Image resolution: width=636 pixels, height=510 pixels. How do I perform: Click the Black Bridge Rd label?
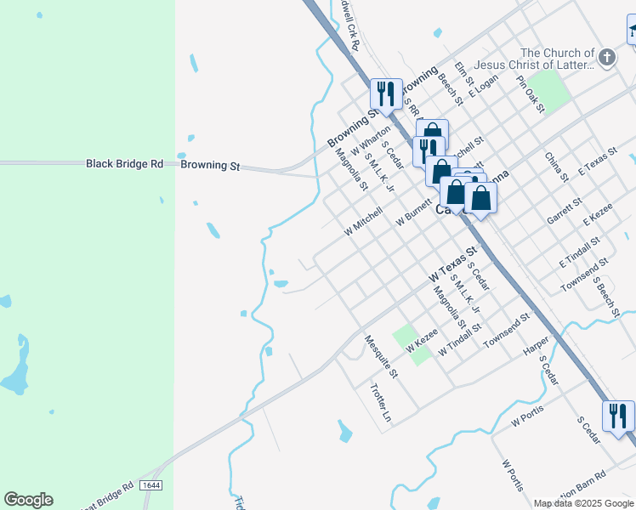(124, 164)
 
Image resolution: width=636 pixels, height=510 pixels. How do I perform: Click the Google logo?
(28, 500)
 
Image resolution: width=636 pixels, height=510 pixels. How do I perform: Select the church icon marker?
(606, 58)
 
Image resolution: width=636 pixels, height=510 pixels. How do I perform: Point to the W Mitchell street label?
(364, 219)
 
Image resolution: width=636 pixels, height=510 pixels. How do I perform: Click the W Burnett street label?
(416, 209)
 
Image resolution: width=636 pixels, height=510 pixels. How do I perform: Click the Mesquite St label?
(381, 356)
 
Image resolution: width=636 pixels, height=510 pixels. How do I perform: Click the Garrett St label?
(564, 210)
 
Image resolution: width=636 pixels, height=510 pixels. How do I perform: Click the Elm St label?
(463, 74)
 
